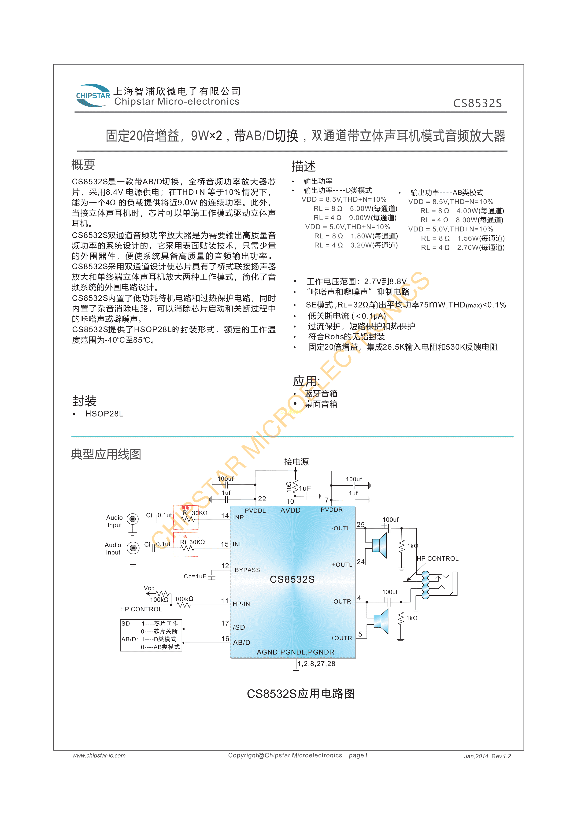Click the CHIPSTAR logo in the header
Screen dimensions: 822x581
click(x=93, y=96)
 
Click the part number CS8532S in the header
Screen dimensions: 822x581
click(x=477, y=104)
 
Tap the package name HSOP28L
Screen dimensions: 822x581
click(x=104, y=414)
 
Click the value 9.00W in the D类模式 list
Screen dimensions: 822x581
click(x=360, y=218)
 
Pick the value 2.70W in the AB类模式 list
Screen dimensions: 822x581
click(x=467, y=247)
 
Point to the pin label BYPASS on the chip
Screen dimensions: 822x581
click(x=247, y=570)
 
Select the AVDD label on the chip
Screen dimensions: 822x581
click(x=290, y=510)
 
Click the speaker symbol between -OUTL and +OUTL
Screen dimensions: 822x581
click(x=379, y=546)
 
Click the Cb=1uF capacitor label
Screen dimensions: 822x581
click(x=195, y=577)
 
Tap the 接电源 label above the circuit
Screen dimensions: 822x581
click(x=296, y=462)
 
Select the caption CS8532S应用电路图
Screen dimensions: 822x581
click(x=301, y=694)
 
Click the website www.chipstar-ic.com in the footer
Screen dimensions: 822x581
click(x=99, y=755)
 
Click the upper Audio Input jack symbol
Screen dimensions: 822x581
click(x=133, y=519)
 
